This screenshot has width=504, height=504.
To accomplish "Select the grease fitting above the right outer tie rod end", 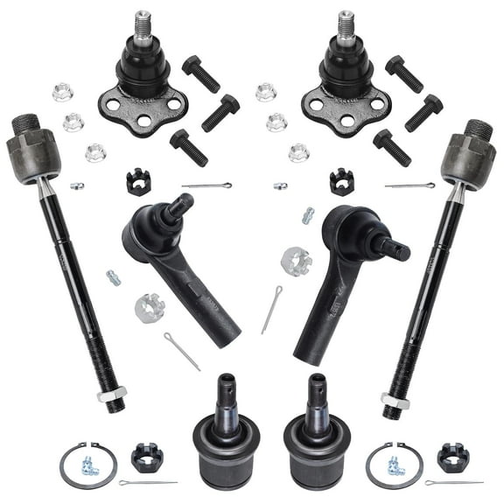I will (308, 215).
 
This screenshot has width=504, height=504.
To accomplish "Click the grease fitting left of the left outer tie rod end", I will (113, 277).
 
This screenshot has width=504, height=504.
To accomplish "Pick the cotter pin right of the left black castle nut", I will (206, 185).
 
